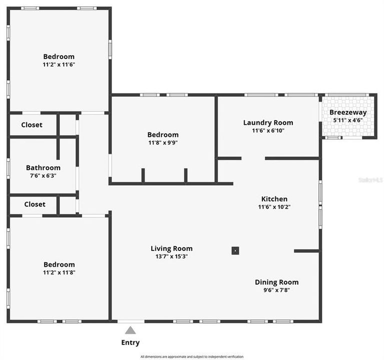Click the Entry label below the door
130,342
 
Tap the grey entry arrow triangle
130,330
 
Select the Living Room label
172,248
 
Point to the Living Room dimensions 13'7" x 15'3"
172,256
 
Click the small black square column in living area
235,250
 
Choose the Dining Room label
276,282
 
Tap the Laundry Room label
268,122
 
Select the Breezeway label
348,112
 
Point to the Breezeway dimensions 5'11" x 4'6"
348,120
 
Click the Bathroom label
43,168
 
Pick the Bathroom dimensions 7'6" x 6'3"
43,175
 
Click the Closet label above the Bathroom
32,125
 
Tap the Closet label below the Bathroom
35,204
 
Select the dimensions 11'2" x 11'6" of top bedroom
59,64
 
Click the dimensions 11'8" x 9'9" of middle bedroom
163,142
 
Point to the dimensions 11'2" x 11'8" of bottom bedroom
59,272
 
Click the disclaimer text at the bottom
192,356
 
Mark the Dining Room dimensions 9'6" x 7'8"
276,290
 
